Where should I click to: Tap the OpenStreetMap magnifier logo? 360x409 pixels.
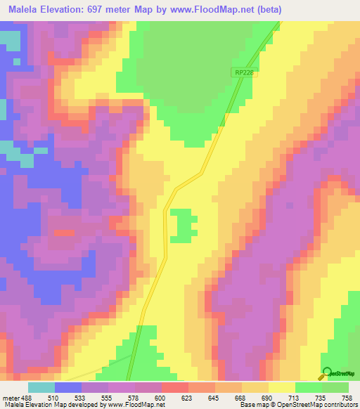pyautogui.click(x=327, y=372)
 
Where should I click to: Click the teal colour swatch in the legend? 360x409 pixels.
pyautogui.click(x=41, y=387)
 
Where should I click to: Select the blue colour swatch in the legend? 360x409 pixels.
pyautogui.click(x=68, y=387)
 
